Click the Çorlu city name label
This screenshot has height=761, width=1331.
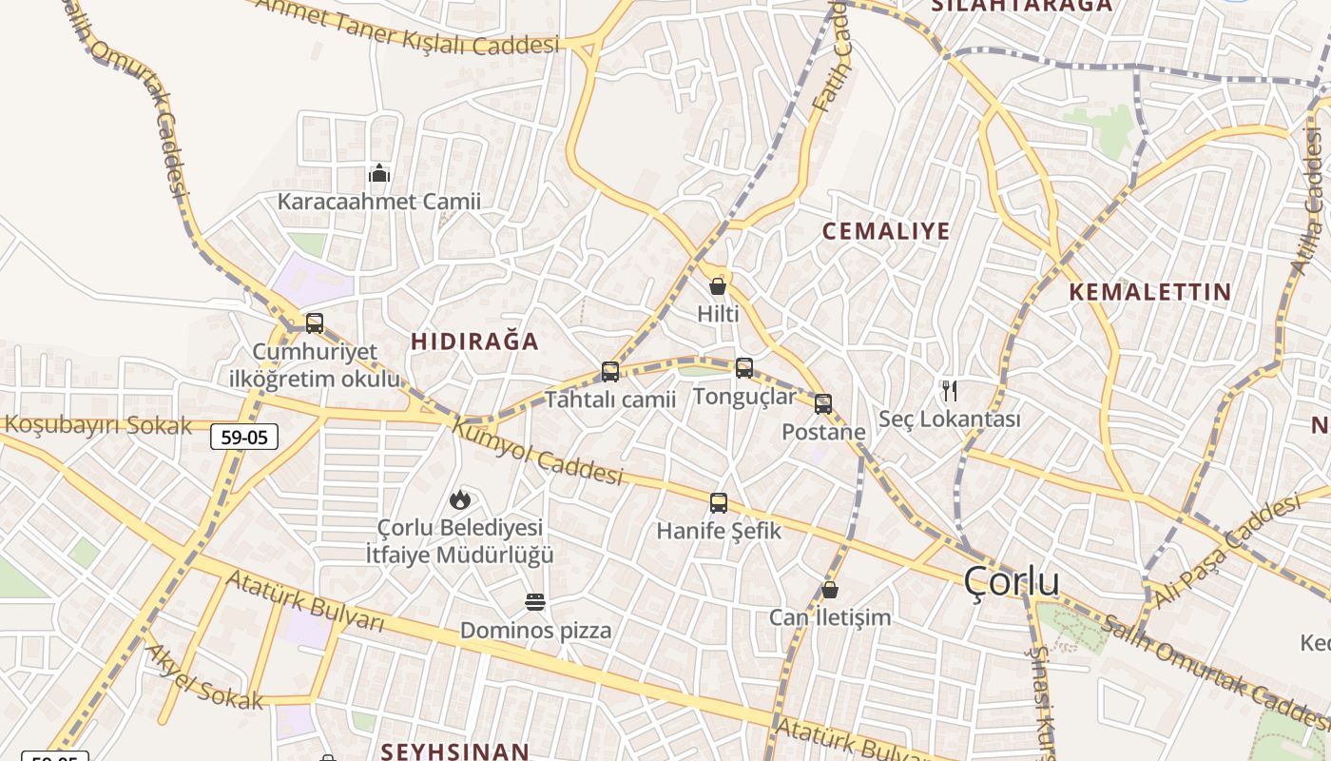[1012, 581]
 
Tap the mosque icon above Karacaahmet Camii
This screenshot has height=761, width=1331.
[379, 173]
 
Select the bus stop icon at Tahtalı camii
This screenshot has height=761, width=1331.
[610, 372]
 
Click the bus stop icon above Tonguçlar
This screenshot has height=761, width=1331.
[744, 368]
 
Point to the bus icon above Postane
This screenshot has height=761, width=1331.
[823, 404]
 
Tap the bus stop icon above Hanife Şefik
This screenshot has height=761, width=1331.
[719, 503]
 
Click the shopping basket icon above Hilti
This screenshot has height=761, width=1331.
[718, 286]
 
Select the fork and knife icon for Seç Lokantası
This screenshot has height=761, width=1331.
[949, 391]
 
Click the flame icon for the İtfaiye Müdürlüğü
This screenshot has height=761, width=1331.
[460, 499]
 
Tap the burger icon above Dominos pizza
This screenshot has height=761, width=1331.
[535, 602]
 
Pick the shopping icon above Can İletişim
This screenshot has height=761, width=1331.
[830, 590]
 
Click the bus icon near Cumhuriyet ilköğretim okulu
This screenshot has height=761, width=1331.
[315, 323]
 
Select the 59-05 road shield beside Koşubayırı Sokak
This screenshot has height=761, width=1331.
[244, 437]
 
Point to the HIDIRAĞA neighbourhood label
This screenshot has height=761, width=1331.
[474, 341]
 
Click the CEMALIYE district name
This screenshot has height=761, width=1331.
[886, 231]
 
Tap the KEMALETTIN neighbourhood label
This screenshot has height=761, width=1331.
[1150, 292]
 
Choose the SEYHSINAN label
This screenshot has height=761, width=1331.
[454, 751]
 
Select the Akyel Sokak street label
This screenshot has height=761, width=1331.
[203, 678]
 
